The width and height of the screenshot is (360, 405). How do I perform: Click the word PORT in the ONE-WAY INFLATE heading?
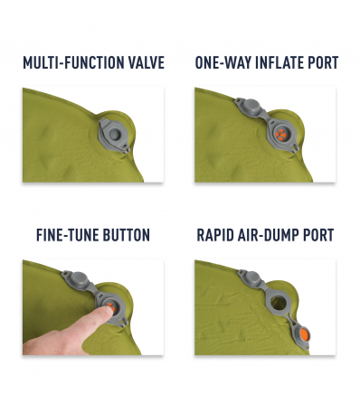pyautogui.click(x=322, y=63)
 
